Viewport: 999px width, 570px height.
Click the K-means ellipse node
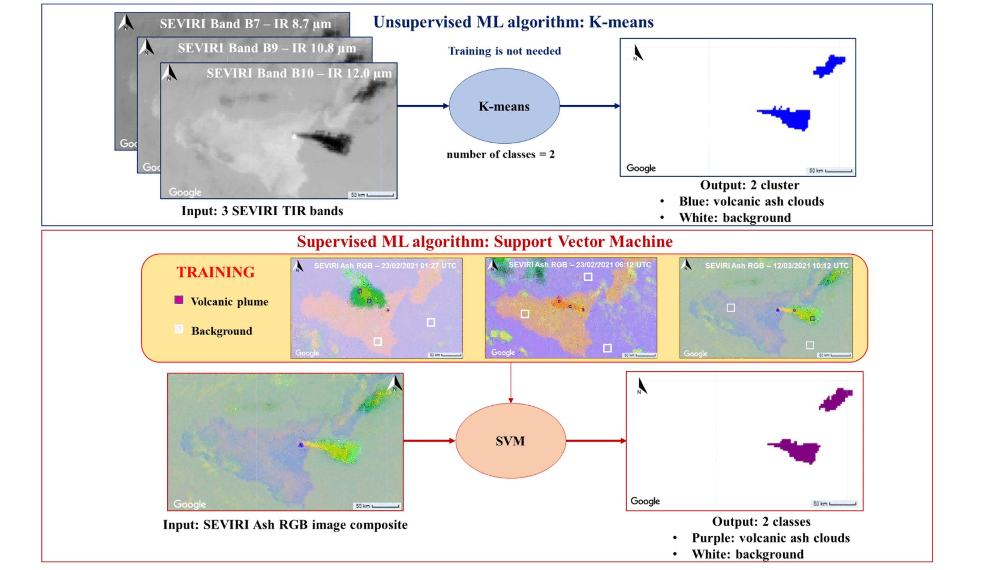pyautogui.click(x=503, y=106)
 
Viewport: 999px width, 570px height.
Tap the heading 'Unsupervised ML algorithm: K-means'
pyautogui.click(x=513, y=22)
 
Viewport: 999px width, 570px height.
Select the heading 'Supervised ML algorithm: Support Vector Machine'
pyautogui.click(x=484, y=242)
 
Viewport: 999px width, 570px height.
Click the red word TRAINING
pyautogui.click(x=215, y=272)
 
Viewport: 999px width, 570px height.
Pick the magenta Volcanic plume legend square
pyautogui.click(x=179, y=300)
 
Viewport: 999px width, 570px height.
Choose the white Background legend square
pyautogui.click(x=179, y=329)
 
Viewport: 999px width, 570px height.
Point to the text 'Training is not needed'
pyautogui.click(x=505, y=51)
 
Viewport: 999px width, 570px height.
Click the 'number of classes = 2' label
pyautogui.click(x=501, y=154)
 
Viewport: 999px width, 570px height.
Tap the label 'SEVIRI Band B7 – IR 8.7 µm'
pyautogui.click(x=245, y=24)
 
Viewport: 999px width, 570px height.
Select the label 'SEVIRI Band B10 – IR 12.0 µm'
pyautogui.click(x=299, y=73)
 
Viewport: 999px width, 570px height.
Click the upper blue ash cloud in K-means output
pyautogui.click(x=829, y=66)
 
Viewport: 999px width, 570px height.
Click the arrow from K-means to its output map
pyautogui.click(x=589, y=106)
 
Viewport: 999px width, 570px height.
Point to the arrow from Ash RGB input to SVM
pyautogui.click(x=429, y=441)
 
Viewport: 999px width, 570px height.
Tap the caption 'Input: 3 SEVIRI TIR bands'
pyautogui.click(x=262, y=211)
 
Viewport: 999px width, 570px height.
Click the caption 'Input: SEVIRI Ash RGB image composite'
pyautogui.click(x=285, y=524)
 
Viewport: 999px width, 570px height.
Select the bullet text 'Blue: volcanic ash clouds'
pyautogui.click(x=751, y=201)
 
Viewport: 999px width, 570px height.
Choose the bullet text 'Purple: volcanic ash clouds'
pyautogui.click(x=770, y=538)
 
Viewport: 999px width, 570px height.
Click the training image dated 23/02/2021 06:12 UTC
pyautogui.click(x=571, y=308)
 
